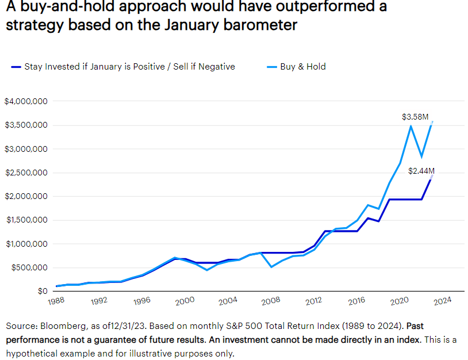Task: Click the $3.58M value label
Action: tap(415, 117)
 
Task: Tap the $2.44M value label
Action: tap(421, 171)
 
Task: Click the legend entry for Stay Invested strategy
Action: tap(123, 67)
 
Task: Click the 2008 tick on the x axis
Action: tap(271, 300)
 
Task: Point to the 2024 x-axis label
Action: tap(442, 300)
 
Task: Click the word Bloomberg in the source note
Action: tap(60, 325)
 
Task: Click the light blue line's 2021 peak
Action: tap(411, 125)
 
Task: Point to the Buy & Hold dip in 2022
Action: tap(421, 156)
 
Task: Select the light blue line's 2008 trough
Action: tap(271, 267)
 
